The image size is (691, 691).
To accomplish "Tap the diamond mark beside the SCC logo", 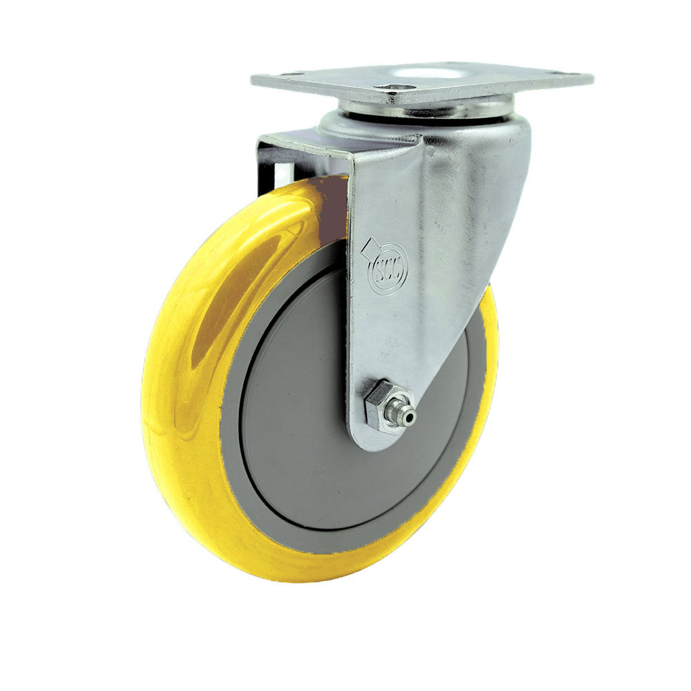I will pos(371,245).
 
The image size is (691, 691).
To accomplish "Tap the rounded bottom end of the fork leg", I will pos(377,442).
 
